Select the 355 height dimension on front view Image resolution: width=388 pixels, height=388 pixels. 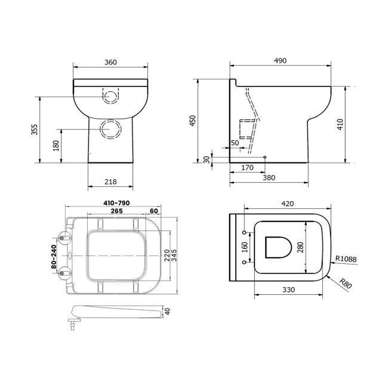pyautogui.click(x=35, y=129)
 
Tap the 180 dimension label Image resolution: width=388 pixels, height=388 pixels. pyautogui.click(x=56, y=145)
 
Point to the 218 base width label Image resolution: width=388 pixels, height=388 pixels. pyautogui.click(x=110, y=181)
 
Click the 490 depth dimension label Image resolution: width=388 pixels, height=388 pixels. pyautogui.click(x=280, y=61)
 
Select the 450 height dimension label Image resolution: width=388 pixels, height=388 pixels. pyautogui.click(x=192, y=121)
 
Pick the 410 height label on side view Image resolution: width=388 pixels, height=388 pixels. pyautogui.click(x=357, y=124)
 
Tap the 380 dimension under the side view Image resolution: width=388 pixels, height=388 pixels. pyautogui.click(x=269, y=177)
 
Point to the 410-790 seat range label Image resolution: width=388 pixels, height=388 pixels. pyautogui.click(x=117, y=204)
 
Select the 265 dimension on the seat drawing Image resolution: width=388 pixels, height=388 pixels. pyautogui.click(x=117, y=211)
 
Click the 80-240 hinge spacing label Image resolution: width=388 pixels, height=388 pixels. pyautogui.click(x=54, y=256)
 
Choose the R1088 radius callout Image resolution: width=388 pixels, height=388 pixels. pyautogui.click(x=346, y=258)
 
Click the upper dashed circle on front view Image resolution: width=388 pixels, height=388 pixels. pyautogui.click(x=110, y=95)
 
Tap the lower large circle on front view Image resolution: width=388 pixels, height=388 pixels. pyautogui.click(x=110, y=128)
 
